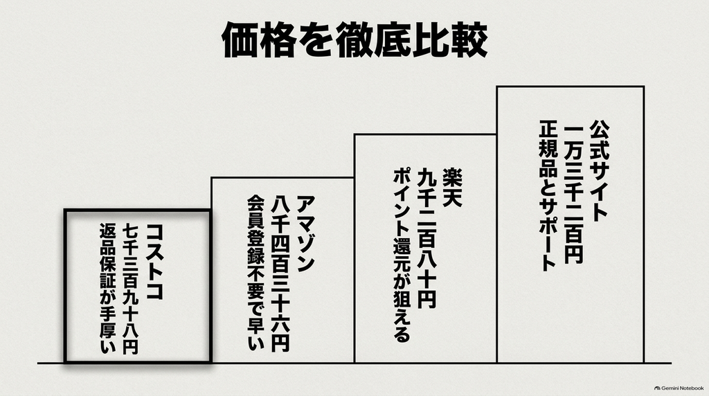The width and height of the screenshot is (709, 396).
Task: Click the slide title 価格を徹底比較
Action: click(x=355, y=39)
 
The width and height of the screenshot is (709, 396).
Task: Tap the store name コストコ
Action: click(x=154, y=262)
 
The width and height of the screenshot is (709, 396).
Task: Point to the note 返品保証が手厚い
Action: click(x=107, y=288)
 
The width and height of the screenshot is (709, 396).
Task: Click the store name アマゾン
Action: click(x=305, y=234)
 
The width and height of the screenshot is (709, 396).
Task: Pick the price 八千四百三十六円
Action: click(x=280, y=274)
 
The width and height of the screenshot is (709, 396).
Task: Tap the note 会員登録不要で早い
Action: click(x=256, y=273)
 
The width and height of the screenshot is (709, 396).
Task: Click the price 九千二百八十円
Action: click(x=427, y=238)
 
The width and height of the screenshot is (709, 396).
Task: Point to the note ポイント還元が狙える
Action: click(x=402, y=255)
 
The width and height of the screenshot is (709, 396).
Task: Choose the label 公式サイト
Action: click(x=599, y=170)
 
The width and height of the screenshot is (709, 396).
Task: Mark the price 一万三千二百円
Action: click(x=574, y=192)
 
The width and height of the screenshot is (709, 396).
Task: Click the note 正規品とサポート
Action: click(x=548, y=195)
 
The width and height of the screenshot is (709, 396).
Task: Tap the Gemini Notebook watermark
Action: click(x=679, y=388)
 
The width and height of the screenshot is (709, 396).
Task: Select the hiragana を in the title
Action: click(x=316, y=39)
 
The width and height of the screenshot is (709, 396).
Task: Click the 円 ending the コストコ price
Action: click(x=130, y=347)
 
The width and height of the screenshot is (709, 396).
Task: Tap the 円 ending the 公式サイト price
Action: click(x=574, y=255)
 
